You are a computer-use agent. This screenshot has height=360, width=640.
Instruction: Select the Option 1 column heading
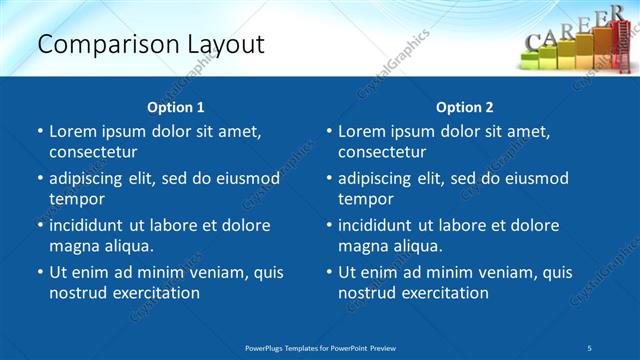tap(176, 107)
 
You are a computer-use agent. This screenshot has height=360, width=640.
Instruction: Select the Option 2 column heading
tap(465, 107)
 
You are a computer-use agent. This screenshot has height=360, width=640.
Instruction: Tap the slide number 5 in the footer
tap(590, 347)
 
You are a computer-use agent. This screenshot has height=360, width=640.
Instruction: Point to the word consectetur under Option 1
tap(93, 152)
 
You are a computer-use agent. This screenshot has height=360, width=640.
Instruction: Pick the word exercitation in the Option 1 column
tap(154, 293)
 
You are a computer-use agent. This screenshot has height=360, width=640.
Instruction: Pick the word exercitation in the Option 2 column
tap(443, 293)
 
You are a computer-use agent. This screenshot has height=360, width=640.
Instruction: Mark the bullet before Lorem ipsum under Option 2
tap(329, 132)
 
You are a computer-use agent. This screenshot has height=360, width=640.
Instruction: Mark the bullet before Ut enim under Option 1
tap(40, 273)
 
